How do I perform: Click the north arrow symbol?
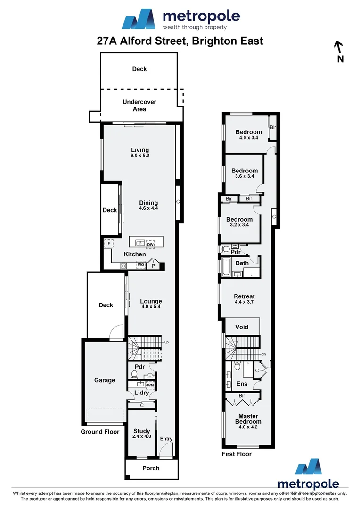click(x=338, y=47)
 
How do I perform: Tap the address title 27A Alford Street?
click(x=180, y=41)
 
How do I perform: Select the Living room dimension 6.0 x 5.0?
click(x=140, y=156)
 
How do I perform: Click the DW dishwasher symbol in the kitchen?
click(x=150, y=244)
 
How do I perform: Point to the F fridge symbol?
click(x=109, y=244)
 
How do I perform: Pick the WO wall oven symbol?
click(x=140, y=265)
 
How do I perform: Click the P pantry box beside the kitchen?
click(x=153, y=266)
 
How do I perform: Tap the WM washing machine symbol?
click(x=150, y=385)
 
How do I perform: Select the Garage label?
click(x=105, y=380)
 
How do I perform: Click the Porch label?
click(x=151, y=468)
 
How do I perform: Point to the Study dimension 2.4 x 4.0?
click(x=141, y=437)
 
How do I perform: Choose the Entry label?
click(x=166, y=439)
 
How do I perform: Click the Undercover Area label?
click(x=139, y=106)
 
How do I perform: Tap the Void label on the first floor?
click(x=242, y=327)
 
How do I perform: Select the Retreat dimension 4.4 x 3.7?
click(x=244, y=302)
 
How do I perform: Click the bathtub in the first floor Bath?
click(x=226, y=268)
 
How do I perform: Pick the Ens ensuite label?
click(x=242, y=384)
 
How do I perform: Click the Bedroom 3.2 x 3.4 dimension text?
click(x=239, y=225)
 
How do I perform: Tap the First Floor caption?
click(x=237, y=454)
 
